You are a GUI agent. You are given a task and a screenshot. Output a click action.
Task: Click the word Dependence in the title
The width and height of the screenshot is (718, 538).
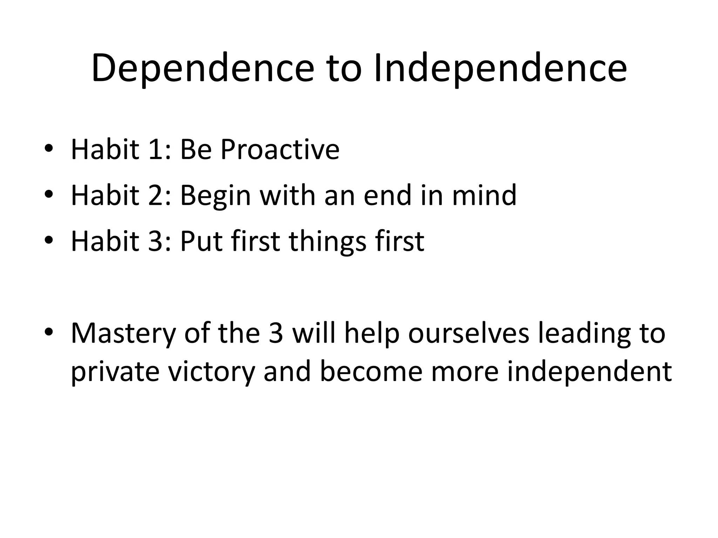coord(203,68)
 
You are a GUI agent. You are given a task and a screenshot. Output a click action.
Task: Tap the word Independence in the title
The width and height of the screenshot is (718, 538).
coord(500,68)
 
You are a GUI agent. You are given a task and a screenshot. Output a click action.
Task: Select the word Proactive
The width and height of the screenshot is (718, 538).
coord(280,150)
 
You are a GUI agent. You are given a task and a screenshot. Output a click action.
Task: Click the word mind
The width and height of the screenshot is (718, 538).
coord(484,195)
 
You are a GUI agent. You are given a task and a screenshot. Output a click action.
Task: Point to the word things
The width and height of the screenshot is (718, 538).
coord(327,242)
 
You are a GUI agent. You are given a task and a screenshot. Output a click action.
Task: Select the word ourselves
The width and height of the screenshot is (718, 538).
coord(468,333)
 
